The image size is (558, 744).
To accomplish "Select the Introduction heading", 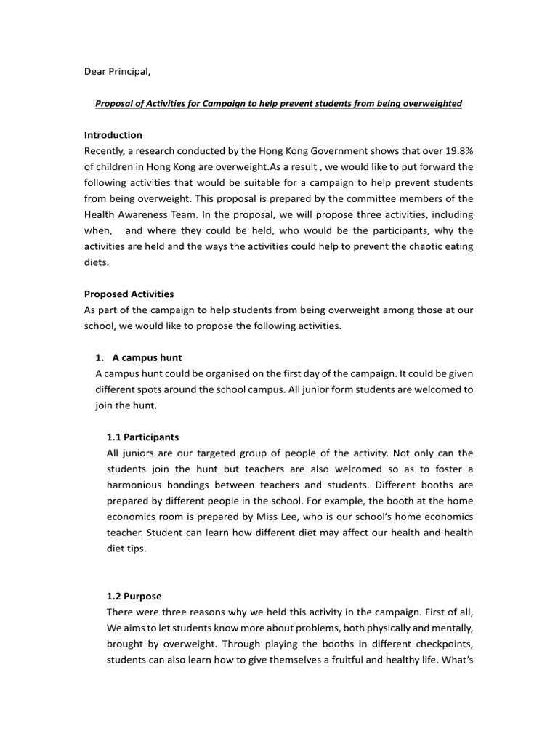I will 113,135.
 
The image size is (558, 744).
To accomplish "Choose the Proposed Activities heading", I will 129,294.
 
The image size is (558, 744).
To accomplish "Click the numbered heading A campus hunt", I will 147,357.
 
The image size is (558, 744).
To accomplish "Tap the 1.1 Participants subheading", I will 142,437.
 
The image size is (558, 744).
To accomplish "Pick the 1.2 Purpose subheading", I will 134,597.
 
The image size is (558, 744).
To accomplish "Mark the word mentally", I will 451,628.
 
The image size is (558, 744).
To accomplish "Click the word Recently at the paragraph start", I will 106,150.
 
